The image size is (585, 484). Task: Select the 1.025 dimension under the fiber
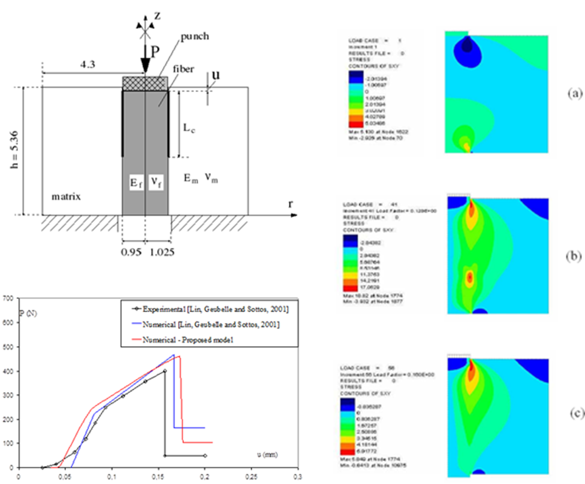[x=160, y=253]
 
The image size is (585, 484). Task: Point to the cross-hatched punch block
[x=145, y=83]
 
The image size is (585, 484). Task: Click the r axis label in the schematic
[x=290, y=204]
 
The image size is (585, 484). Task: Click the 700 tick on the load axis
[x=9, y=298]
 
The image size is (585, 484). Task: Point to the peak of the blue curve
[x=174, y=355]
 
